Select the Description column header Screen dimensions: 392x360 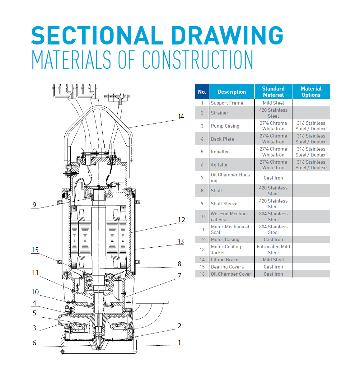(x=231, y=92)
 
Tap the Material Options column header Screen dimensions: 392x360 (x=311, y=92)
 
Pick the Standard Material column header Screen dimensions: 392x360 (x=273, y=92)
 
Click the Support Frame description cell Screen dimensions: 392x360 (x=227, y=103)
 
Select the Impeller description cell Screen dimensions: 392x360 (x=220, y=152)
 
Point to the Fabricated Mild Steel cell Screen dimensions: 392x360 (x=273, y=250)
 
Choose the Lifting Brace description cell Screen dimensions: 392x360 (x=224, y=260)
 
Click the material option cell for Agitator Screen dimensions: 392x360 (x=311, y=165)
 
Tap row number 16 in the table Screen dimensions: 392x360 (x=202, y=274)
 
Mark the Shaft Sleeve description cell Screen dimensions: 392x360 (x=224, y=204)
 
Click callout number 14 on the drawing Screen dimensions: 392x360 (x=181, y=117)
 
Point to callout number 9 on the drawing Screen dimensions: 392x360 (x=34, y=205)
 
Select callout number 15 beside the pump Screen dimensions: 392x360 (x=35, y=250)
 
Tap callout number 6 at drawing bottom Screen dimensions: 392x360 (x=34, y=343)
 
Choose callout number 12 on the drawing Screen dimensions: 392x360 (x=181, y=220)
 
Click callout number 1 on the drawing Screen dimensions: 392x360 (x=179, y=343)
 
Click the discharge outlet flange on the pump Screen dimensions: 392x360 (x=152, y=302)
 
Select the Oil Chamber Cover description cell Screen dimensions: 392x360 (x=231, y=274)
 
